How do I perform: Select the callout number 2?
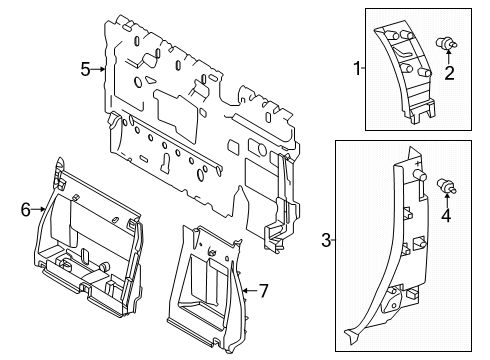click(x=451, y=73)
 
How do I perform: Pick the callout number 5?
click(x=86, y=69)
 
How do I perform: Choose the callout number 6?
click(x=25, y=208)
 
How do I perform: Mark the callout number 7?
click(x=264, y=292)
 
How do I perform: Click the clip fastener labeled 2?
click(x=449, y=44)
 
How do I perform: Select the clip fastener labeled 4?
click(x=446, y=185)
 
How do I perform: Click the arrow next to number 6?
click(x=40, y=208)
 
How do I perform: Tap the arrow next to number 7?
click(x=247, y=292)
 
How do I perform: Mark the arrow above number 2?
click(x=451, y=58)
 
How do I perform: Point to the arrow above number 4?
click(x=448, y=199)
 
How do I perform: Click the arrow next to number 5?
click(x=100, y=69)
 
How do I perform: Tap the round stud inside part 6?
click(x=103, y=266)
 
